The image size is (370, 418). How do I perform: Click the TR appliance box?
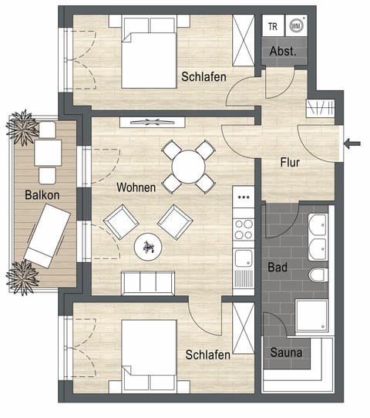272,25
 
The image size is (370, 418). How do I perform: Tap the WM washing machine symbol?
295,25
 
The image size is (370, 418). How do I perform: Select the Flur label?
290,163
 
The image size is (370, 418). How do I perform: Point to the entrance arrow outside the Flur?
354,143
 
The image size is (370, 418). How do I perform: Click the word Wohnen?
136,187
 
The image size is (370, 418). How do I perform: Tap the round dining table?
187,165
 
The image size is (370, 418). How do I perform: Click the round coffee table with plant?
148,247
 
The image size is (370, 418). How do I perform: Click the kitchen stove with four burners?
244,229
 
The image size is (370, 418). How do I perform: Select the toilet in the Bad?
318,275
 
